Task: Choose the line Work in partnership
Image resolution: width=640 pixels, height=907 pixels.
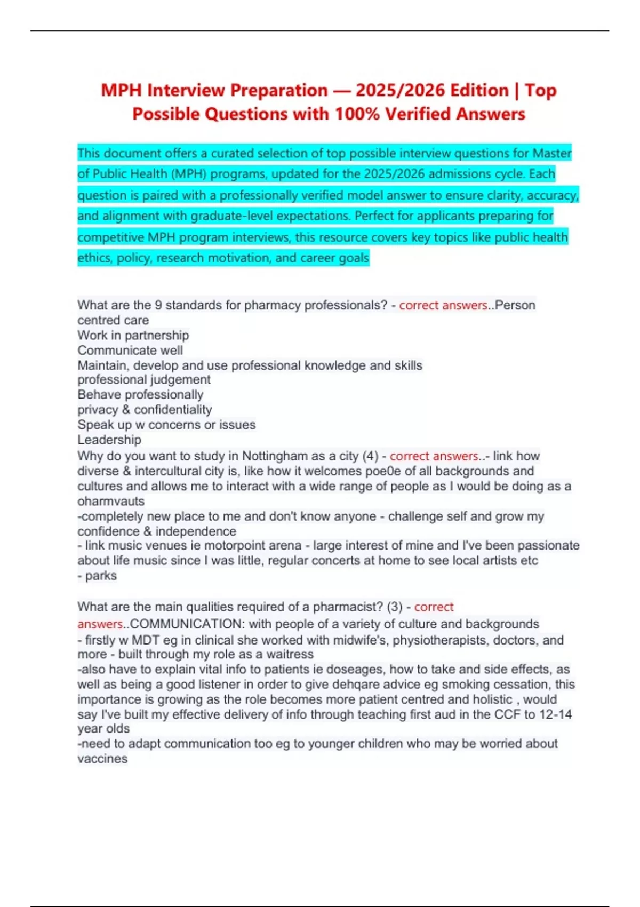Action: tap(133, 335)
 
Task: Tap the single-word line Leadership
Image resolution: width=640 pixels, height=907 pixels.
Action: tap(109, 440)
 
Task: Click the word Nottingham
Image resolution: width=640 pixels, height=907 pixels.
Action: tap(275, 456)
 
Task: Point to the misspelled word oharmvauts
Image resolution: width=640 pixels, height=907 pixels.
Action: tap(111, 501)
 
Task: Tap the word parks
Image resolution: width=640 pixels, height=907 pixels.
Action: tap(101, 576)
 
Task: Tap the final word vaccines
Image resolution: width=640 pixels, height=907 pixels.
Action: tap(102, 759)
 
